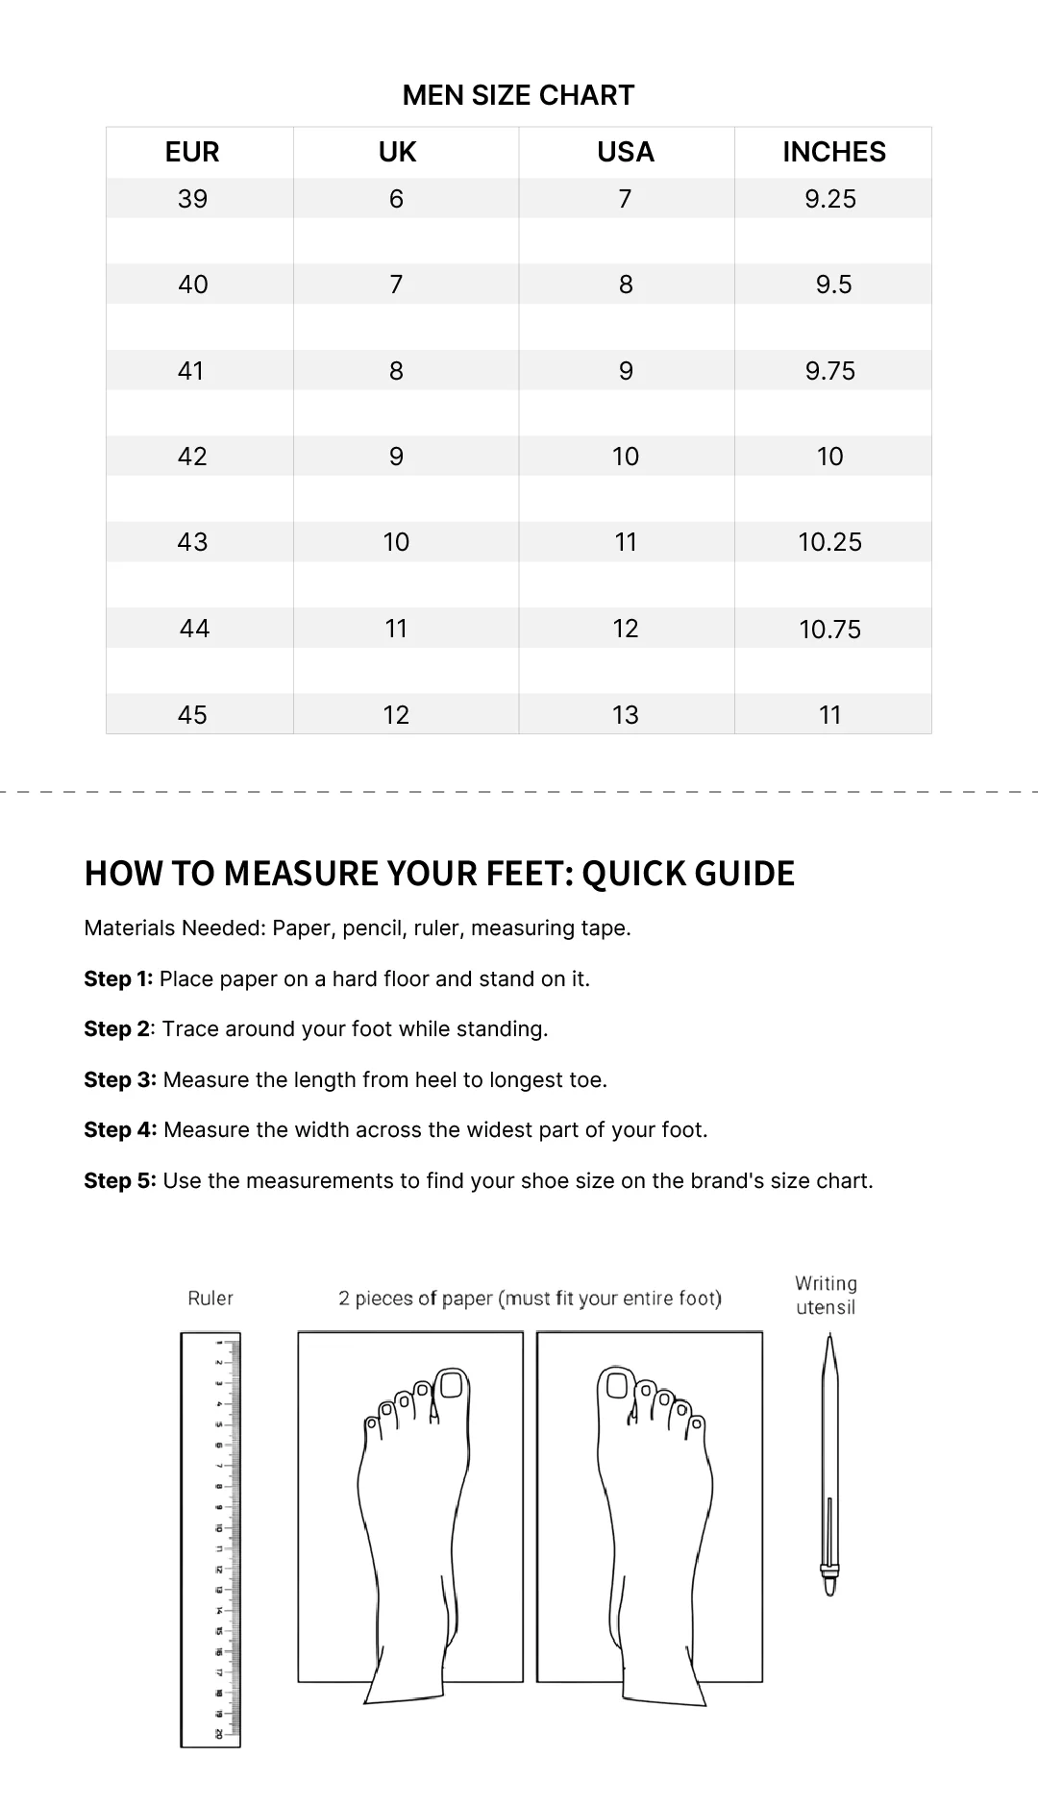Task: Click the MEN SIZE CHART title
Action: coord(518,95)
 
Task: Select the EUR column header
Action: coord(192,152)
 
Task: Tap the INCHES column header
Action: coord(833,152)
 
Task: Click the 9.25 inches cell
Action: coord(830,199)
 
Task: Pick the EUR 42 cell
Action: coord(192,457)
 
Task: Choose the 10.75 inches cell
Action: coord(830,630)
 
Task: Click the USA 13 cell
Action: coord(626,715)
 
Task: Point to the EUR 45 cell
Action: coord(192,715)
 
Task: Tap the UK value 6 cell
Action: coord(396,199)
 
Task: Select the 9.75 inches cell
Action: coord(830,371)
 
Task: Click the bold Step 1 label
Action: coord(118,978)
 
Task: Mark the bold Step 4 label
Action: coord(119,1129)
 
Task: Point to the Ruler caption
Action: coord(210,1299)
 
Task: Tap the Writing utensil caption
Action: coord(826,1296)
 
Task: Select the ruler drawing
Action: coord(210,1538)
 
